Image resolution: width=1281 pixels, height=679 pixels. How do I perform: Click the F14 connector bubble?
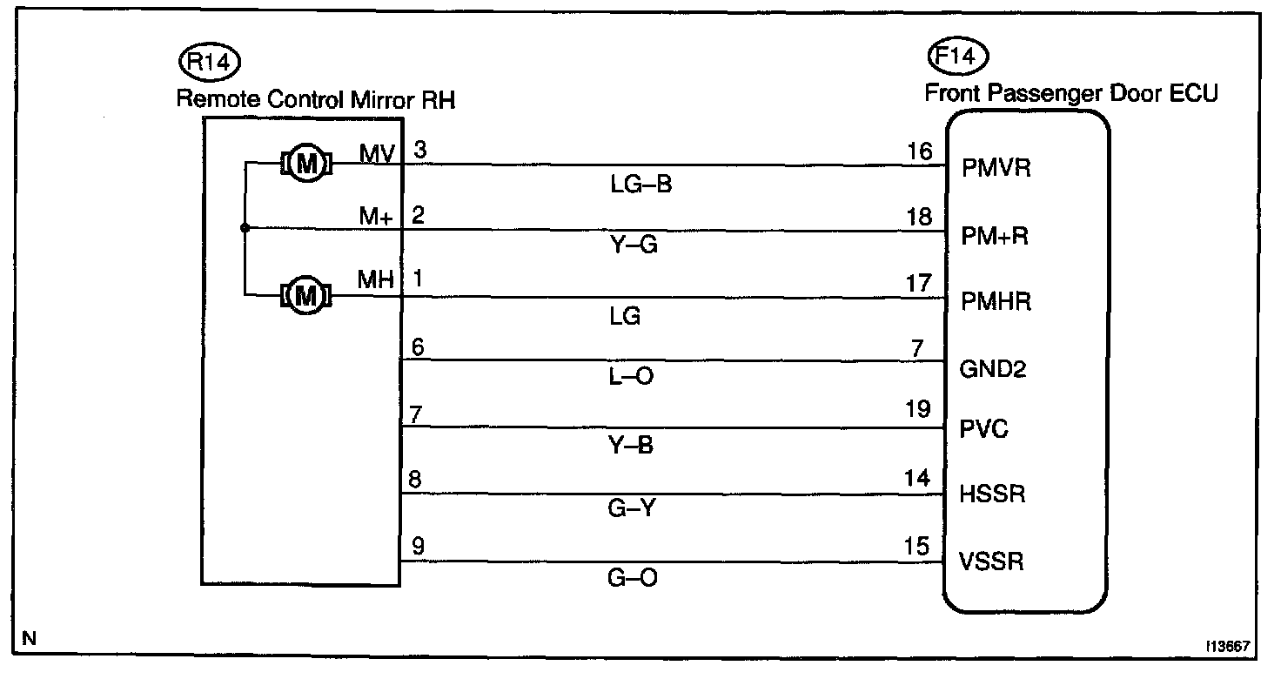click(958, 58)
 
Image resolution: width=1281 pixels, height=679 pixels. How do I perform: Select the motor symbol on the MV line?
click(305, 163)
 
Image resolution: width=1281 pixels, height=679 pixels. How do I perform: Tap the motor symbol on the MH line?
click(305, 296)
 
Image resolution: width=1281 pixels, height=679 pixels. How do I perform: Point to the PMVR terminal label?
click(996, 168)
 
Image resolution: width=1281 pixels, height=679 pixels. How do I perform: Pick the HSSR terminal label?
click(993, 494)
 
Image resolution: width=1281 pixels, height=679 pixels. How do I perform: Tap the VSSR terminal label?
click(991, 561)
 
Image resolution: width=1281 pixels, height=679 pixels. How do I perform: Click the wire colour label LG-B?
click(642, 185)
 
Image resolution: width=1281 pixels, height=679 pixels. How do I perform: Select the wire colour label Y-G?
click(633, 247)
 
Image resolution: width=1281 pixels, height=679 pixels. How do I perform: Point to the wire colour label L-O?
click(633, 377)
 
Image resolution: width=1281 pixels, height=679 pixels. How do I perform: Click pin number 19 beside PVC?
click(918, 409)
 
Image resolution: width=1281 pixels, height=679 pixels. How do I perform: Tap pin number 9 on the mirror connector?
click(418, 547)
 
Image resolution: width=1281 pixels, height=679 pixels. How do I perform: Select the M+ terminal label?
click(376, 218)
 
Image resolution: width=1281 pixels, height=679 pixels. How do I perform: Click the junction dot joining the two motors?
click(245, 229)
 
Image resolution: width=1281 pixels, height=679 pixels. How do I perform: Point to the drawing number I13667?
click(1228, 648)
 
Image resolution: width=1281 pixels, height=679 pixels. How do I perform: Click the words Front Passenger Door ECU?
click(1071, 92)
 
